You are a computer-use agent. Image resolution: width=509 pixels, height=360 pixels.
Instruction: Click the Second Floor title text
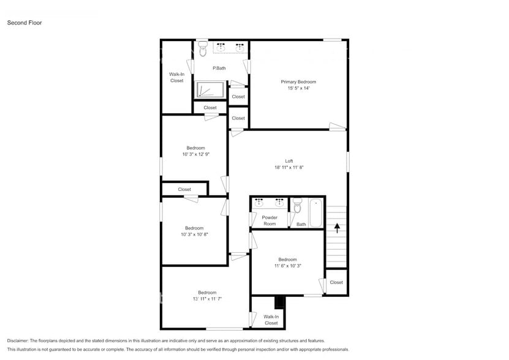pos(24,23)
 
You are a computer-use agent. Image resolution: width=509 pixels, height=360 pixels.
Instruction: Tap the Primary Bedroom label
pos(298,81)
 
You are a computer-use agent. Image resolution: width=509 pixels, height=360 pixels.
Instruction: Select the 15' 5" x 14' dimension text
pos(298,88)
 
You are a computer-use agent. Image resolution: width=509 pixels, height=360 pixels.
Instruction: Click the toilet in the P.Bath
pos(203,51)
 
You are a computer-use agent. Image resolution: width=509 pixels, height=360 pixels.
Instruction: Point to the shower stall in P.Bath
pos(211,89)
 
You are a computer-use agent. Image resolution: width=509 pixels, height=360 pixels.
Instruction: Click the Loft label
pos(281,161)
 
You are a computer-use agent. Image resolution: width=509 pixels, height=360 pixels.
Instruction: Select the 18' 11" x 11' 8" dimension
pos(281,168)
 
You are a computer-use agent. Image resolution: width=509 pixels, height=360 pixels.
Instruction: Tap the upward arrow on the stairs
pos(336,228)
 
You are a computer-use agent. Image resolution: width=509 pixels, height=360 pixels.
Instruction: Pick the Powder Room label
pos(270,220)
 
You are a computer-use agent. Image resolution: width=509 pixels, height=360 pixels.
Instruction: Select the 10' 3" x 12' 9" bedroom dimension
pos(195,154)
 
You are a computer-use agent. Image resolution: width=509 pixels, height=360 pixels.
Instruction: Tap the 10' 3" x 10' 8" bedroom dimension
pos(194,234)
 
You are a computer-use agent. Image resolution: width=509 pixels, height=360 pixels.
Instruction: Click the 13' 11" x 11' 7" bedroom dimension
pos(206,299)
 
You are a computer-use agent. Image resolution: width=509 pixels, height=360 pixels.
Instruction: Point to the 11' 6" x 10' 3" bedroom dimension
pos(287,266)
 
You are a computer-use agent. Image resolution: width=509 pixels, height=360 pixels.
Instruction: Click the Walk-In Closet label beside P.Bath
pos(176,77)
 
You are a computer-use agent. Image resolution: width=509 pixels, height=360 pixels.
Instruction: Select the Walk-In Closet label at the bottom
pos(271,320)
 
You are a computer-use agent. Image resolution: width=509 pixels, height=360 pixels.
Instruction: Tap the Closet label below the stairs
pos(336,282)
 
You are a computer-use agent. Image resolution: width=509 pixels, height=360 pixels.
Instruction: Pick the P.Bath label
pos(219,68)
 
